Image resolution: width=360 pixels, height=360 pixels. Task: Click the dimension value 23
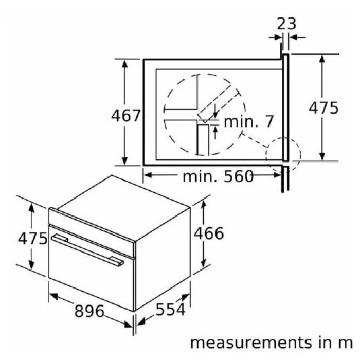point(286,24)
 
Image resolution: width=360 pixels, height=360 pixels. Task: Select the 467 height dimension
point(125,115)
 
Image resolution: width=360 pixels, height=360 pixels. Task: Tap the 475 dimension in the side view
point(323,107)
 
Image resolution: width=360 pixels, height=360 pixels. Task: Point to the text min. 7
point(248,121)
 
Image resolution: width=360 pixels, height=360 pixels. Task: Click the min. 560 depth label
point(218,176)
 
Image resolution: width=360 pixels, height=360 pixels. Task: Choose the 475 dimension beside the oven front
point(32,238)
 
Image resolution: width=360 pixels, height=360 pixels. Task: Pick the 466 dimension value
point(209,233)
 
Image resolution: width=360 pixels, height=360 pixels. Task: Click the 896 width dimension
point(89,311)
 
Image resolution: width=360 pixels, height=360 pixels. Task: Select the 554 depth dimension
point(170,310)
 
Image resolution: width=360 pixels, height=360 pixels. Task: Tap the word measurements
point(251,343)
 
